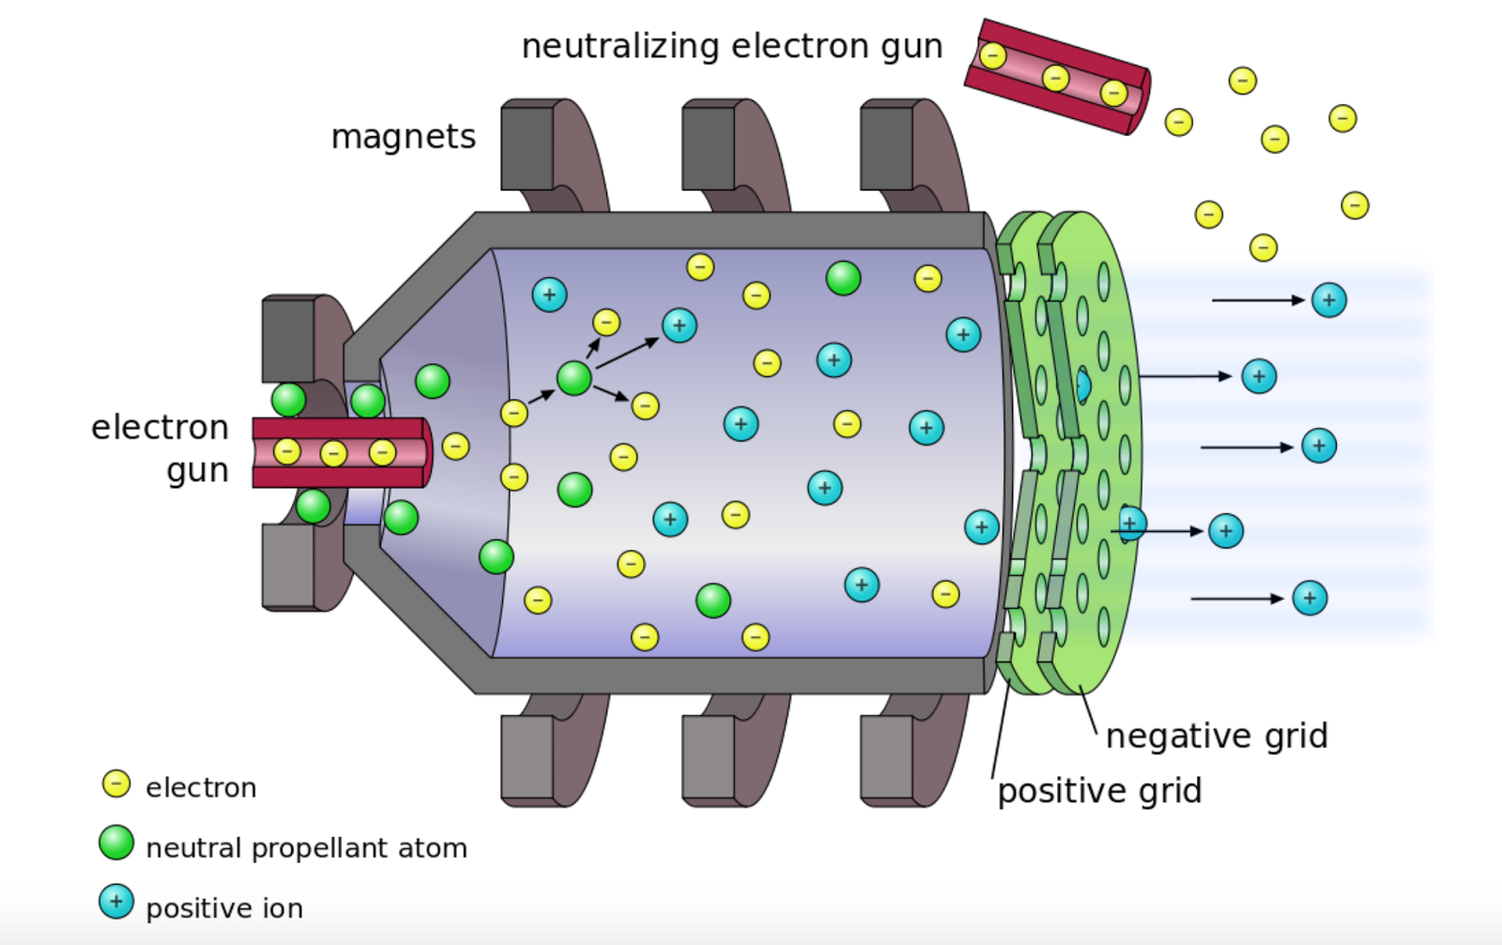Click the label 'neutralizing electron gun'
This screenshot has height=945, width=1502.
(731, 46)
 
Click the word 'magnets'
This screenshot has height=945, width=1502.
(404, 137)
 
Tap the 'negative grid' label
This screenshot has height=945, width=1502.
(1217, 736)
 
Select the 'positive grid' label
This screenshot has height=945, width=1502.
(1099, 791)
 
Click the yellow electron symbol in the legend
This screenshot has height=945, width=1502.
(116, 784)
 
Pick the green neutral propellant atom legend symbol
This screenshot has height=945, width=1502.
(116, 843)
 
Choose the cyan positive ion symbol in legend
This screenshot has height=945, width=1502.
(116, 902)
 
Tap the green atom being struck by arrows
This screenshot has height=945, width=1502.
(574, 378)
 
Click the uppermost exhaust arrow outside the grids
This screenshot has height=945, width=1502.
(1258, 300)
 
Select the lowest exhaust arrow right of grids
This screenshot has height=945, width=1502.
(1236, 599)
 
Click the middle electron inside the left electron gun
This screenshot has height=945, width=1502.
(333, 454)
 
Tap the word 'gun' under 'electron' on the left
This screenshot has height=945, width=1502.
(197, 471)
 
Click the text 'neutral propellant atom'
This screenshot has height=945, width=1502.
(306, 848)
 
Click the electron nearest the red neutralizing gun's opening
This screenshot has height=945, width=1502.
(1178, 122)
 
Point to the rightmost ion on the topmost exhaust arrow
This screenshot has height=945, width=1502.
(1328, 300)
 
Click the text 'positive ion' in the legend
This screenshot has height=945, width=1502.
(224, 908)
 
